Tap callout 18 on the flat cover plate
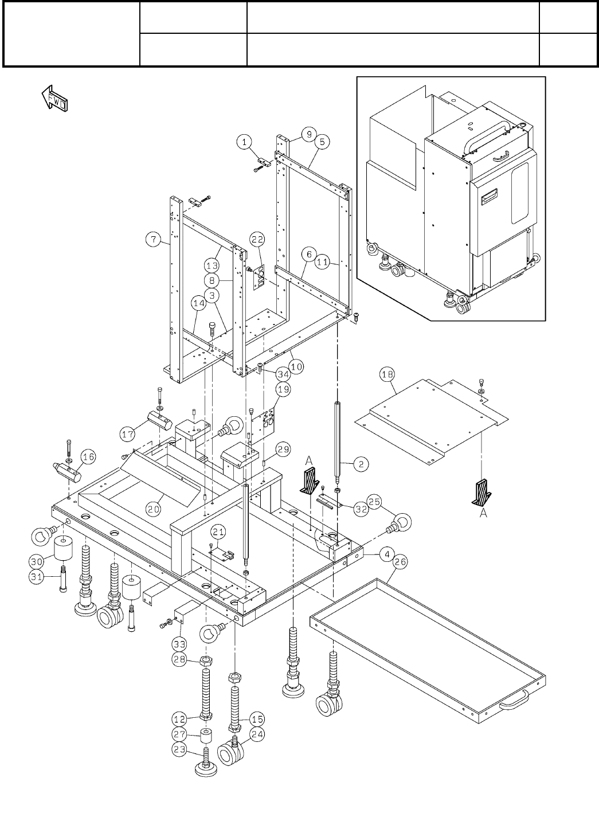click(388, 376)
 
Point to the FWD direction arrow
click(55, 99)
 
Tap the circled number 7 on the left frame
click(153, 241)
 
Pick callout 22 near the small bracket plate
click(257, 240)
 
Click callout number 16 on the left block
click(88, 457)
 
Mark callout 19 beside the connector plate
click(282, 390)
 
